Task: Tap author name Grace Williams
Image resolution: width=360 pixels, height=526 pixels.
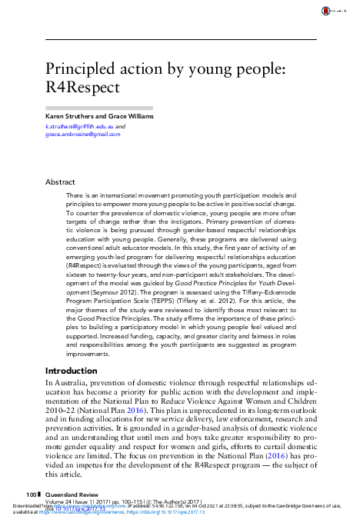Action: (x=129, y=116)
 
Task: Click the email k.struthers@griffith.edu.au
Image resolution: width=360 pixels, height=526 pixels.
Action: (x=80, y=125)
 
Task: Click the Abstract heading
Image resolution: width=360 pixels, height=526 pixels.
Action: (x=61, y=182)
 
